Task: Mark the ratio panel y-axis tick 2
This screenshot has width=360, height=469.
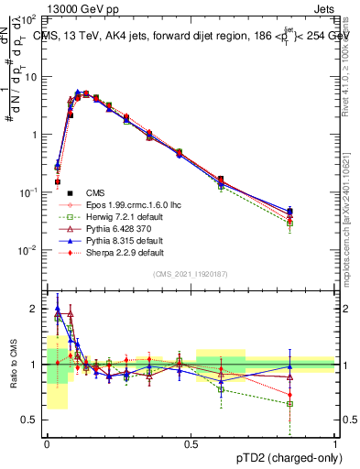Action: point(37,309)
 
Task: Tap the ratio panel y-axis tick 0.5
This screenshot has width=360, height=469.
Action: point(33,420)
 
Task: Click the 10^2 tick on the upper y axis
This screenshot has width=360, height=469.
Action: point(29,19)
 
